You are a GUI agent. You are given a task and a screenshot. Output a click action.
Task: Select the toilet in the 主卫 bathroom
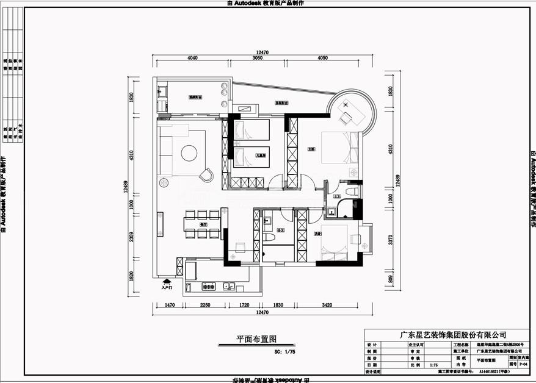(x=350, y=191)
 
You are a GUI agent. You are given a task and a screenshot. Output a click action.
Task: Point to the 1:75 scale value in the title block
(x=433, y=364)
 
